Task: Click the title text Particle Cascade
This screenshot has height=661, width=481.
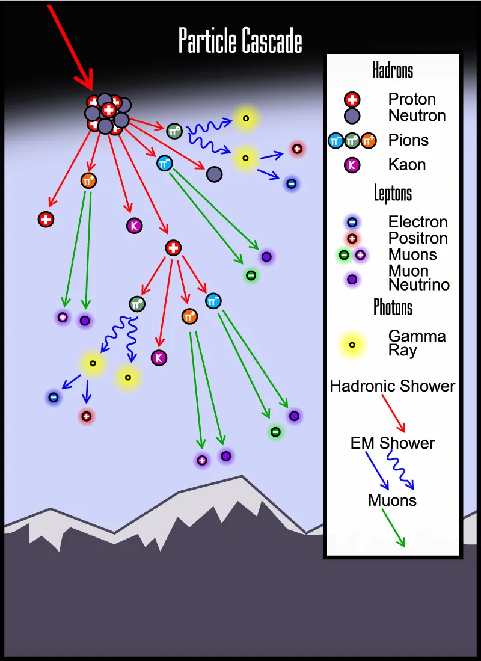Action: (240, 42)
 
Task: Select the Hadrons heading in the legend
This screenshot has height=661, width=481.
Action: (393, 70)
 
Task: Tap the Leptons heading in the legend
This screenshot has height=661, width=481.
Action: (393, 194)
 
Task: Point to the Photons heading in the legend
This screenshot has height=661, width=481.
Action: (393, 307)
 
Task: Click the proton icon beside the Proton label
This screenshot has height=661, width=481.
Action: (352, 99)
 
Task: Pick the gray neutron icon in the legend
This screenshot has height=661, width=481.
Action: (352, 115)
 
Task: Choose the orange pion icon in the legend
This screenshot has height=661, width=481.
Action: (369, 141)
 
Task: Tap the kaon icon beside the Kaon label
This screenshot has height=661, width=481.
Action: (352, 165)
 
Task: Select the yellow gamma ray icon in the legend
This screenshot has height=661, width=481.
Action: (352, 345)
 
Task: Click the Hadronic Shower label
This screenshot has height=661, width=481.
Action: (393, 386)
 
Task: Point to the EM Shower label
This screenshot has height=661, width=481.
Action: (393, 444)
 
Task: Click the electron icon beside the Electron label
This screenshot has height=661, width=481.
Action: (352, 223)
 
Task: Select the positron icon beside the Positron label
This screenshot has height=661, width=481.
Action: (352, 239)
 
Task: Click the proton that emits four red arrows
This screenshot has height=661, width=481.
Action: (173, 247)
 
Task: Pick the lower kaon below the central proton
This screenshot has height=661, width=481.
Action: (159, 358)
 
